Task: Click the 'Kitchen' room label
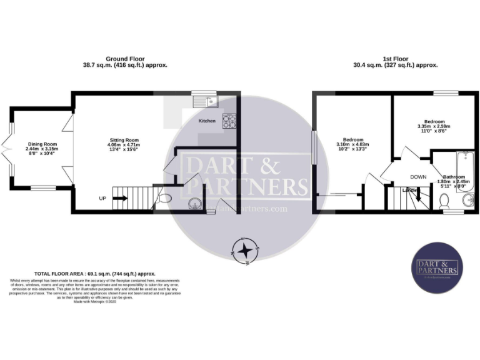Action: (x=207, y=120)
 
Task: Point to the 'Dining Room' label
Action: (x=42, y=144)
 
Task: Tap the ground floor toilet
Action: (x=164, y=199)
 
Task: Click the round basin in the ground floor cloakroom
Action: (x=194, y=202)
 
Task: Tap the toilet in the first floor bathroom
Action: (x=444, y=201)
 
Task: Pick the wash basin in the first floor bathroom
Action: (x=468, y=201)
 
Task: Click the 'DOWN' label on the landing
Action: (x=418, y=177)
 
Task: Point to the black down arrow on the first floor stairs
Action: (x=418, y=198)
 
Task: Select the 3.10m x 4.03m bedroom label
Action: (x=352, y=144)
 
